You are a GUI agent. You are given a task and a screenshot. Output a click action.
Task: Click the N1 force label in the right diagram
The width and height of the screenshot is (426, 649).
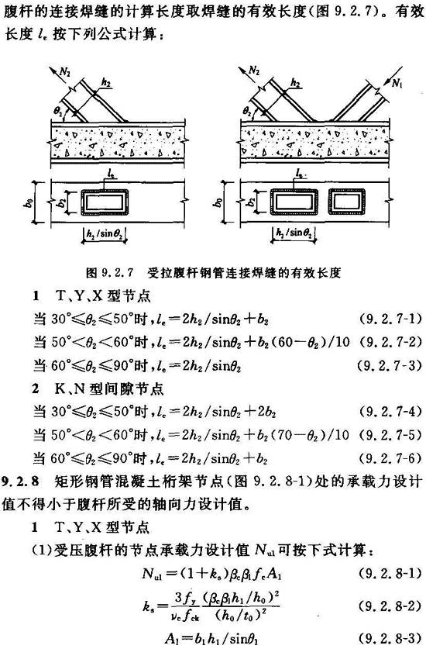pos(397,83)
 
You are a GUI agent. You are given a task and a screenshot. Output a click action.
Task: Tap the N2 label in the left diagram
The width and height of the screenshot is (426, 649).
pos(65,71)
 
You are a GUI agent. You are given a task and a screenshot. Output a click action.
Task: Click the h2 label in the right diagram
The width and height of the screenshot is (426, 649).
pos(295,83)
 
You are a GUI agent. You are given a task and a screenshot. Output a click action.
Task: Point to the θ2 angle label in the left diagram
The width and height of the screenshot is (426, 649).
pos(57,111)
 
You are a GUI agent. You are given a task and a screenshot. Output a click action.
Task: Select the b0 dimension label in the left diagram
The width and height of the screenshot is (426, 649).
pos(28,202)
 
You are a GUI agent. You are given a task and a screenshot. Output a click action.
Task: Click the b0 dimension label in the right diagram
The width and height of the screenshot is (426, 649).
pos(218,202)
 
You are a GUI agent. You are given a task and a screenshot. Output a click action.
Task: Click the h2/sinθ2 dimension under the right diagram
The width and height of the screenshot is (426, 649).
pos(294,233)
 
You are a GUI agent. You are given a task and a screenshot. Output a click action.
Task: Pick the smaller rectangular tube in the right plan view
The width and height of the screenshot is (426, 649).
pos(347,202)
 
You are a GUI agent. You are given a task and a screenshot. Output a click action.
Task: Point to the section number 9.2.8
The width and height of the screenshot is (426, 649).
pos(21,482)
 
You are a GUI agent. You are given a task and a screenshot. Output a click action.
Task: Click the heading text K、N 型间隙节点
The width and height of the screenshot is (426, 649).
pos(109,388)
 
